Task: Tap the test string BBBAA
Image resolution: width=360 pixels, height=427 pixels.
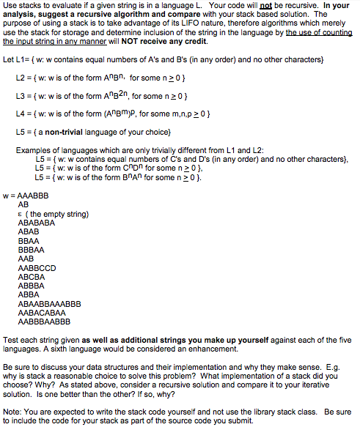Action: pos(30,248)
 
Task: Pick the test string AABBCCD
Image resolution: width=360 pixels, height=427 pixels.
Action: pos(37,267)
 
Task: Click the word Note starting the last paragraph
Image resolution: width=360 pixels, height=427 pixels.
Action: pos(12,410)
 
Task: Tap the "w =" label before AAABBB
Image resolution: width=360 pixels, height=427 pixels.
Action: pos(10,196)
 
